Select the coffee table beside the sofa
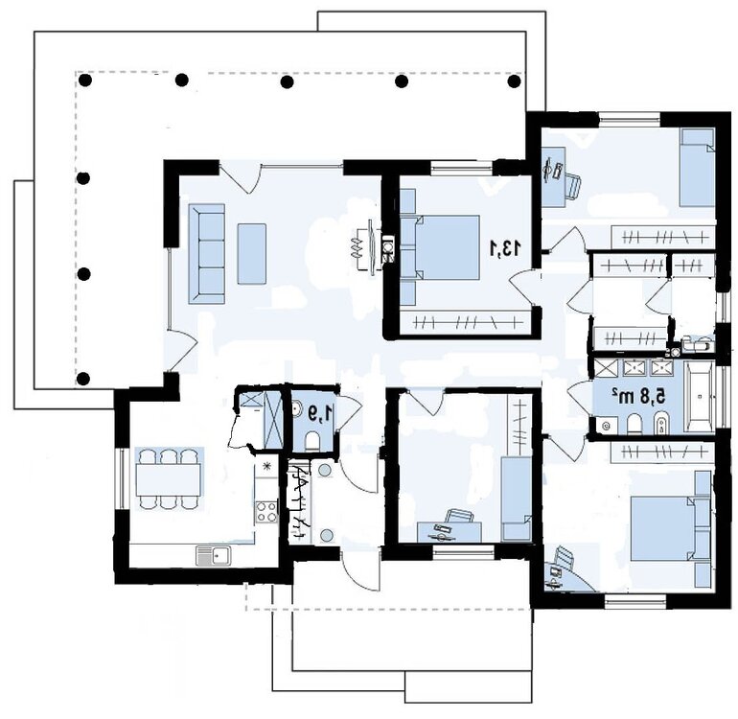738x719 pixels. pos(251,252)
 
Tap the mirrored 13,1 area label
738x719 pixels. pos(506,247)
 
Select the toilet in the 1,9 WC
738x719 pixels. pos(311,439)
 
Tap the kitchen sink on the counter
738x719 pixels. pos(213,553)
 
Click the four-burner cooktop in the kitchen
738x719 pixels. pos(265,511)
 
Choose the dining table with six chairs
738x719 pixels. pos(169,476)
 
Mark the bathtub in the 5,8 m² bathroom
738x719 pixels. pos(700,394)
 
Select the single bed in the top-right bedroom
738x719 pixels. pos(697,167)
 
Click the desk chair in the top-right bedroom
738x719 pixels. pos(571,185)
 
